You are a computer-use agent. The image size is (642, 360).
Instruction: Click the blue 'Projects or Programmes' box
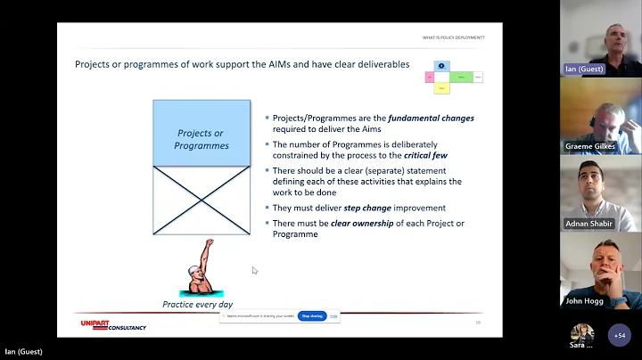pos(202,133)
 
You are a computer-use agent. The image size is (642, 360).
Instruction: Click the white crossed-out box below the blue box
pos(202,200)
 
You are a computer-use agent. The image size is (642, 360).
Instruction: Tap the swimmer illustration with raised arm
pos(198,268)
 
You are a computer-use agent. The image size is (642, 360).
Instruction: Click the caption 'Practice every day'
pos(198,304)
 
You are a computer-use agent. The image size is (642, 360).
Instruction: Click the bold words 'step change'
pos(365,208)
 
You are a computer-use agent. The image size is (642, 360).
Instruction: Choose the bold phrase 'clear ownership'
pos(361,223)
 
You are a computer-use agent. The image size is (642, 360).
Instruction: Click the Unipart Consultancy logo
pos(113,326)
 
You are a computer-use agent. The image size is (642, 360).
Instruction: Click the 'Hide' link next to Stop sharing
pos(333,315)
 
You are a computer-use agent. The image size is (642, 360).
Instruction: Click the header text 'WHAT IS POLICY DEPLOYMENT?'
pos(453,37)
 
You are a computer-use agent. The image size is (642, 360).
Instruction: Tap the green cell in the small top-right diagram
pos(461,78)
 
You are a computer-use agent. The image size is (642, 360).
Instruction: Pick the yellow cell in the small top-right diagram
pos(442,89)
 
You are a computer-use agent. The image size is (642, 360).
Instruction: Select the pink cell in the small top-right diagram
pos(430,78)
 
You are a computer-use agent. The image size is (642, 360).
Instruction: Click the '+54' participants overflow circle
pos(619,336)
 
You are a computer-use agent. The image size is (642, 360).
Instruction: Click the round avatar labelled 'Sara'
pos(582,334)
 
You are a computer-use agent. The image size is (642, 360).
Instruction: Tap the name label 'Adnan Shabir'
pos(589,224)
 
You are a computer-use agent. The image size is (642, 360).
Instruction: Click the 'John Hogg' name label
pos(585,300)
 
